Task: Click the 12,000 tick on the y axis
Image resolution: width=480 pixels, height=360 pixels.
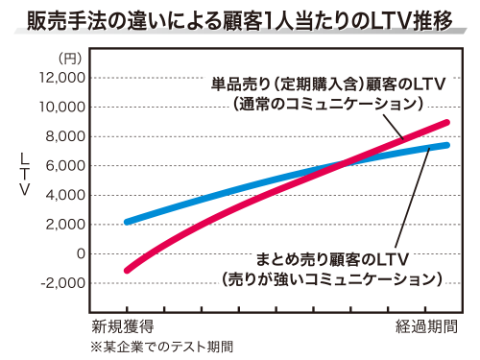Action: click(x=62, y=77)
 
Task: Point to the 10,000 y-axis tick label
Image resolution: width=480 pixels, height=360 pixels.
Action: click(x=62, y=107)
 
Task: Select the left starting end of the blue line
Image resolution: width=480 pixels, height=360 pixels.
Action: click(x=128, y=222)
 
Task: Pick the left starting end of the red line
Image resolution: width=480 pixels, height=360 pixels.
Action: click(x=128, y=271)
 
